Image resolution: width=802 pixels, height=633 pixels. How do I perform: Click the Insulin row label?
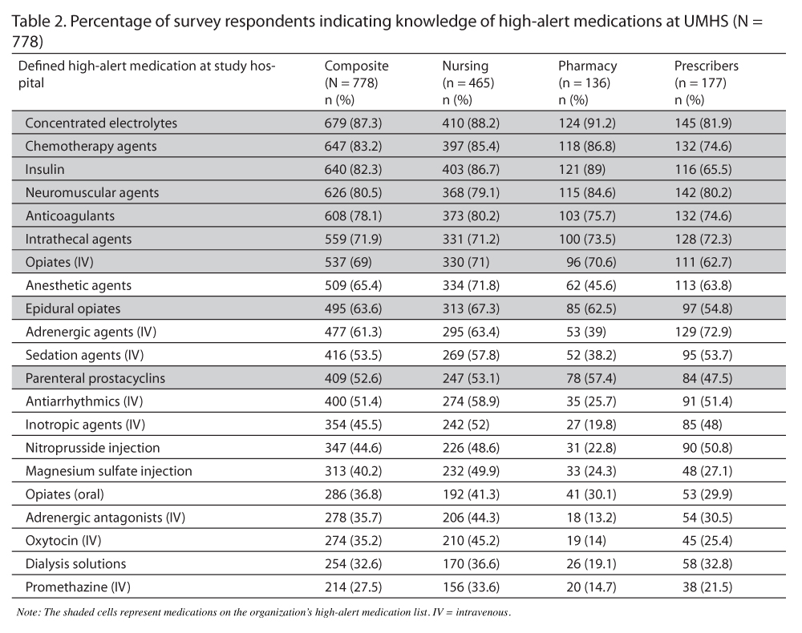tap(45, 170)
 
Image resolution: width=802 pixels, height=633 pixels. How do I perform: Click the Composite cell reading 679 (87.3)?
tap(356, 123)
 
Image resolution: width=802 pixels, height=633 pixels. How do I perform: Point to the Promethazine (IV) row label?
tap(77, 587)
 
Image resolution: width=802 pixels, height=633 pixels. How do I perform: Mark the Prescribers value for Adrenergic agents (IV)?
tap(703, 332)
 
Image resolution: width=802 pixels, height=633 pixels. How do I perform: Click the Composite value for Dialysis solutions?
tap(356, 564)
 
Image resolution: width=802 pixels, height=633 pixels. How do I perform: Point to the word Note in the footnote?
tap(27, 613)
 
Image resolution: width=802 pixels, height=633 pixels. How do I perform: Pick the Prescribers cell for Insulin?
tap(703, 170)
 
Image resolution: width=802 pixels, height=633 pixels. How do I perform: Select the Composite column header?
tap(356, 67)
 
